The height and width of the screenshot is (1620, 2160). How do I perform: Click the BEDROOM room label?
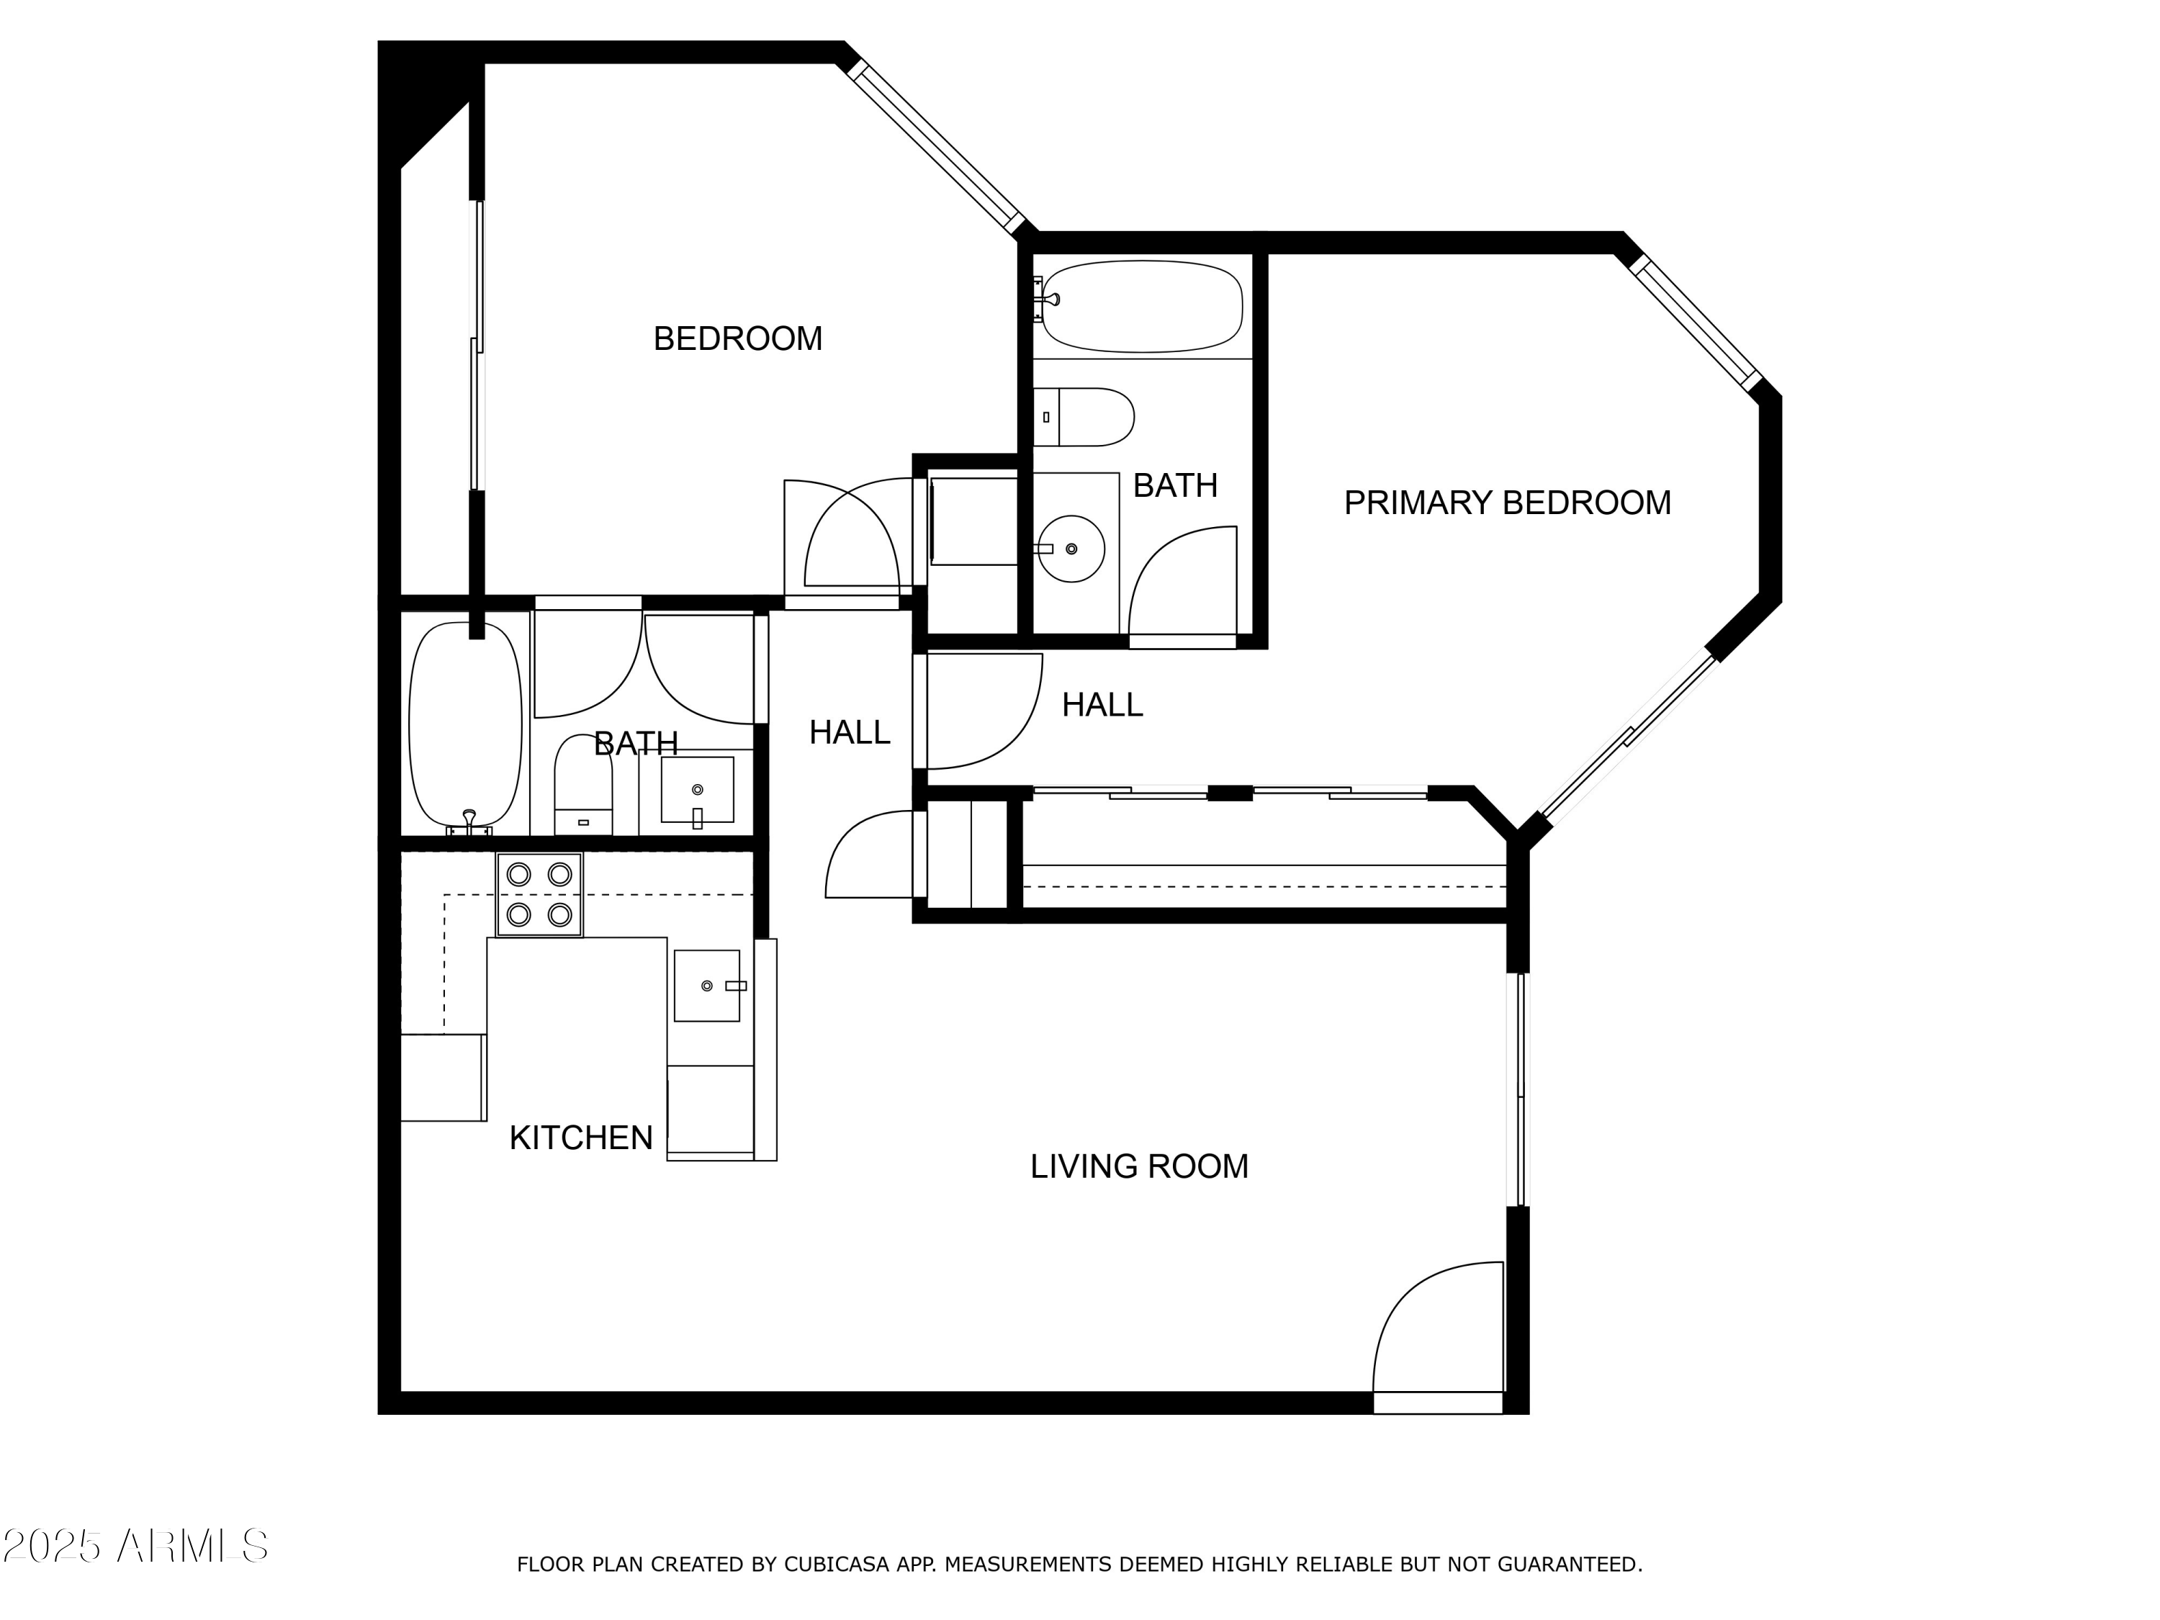pyautogui.click(x=737, y=339)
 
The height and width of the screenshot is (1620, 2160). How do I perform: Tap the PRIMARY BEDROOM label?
pyautogui.click(x=1507, y=503)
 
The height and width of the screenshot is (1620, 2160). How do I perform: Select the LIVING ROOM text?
pyautogui.click(x=1138, y=1166)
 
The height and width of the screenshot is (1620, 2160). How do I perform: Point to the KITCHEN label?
pyautogui.click(x=581, y=1138)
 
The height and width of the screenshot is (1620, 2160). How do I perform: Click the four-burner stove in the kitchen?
pyautogui.click(x=539, y=894)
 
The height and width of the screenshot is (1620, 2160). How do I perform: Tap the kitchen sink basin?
pyautogui.click(x=706, y=985)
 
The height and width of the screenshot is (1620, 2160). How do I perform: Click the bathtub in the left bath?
pyautogui.click(x=465, y=724)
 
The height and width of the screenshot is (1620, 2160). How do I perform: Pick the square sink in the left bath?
pyautogui.click(x=697, y=789)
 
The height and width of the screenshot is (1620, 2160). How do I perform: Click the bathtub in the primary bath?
pyautogui.click(x=1141, y=306)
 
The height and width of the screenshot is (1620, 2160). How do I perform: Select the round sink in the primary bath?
pyautogui.click(x=1071, y=549)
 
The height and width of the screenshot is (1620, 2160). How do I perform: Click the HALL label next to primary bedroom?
pyautogui.click(x=1102, y=705)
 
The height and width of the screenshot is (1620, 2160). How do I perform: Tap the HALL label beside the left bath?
pyautogui.click(x=849, y=732)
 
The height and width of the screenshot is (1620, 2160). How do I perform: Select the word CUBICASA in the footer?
pyautogui.click(x=836, y=1565)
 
